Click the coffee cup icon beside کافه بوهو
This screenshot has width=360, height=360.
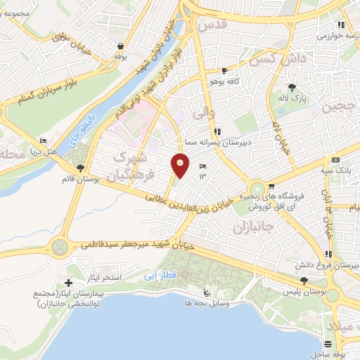(x=224, y=71)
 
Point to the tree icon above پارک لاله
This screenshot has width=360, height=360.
(x=292, y=89)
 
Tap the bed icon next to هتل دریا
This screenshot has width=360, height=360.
(x=43, y=141)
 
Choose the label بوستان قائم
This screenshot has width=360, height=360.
(x=79, y=180)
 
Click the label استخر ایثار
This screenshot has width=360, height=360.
(x=105, y=278)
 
